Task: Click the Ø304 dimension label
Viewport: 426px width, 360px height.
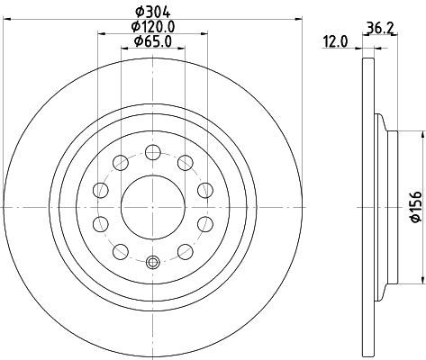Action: pos(153,12)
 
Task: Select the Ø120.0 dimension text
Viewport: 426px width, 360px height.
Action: pos(153,27)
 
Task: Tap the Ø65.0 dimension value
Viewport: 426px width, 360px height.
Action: pos(153,41)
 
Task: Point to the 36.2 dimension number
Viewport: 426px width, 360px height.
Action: pos(379,29)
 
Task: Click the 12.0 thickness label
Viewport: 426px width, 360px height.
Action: pos(335,41)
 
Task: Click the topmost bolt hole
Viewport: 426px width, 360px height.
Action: pos(153,152)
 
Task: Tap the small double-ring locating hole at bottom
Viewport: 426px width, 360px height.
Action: pos(153,262)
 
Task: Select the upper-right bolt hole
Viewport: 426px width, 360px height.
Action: pos(186,163)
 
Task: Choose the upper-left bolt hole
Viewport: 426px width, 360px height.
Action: pos(121,163)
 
